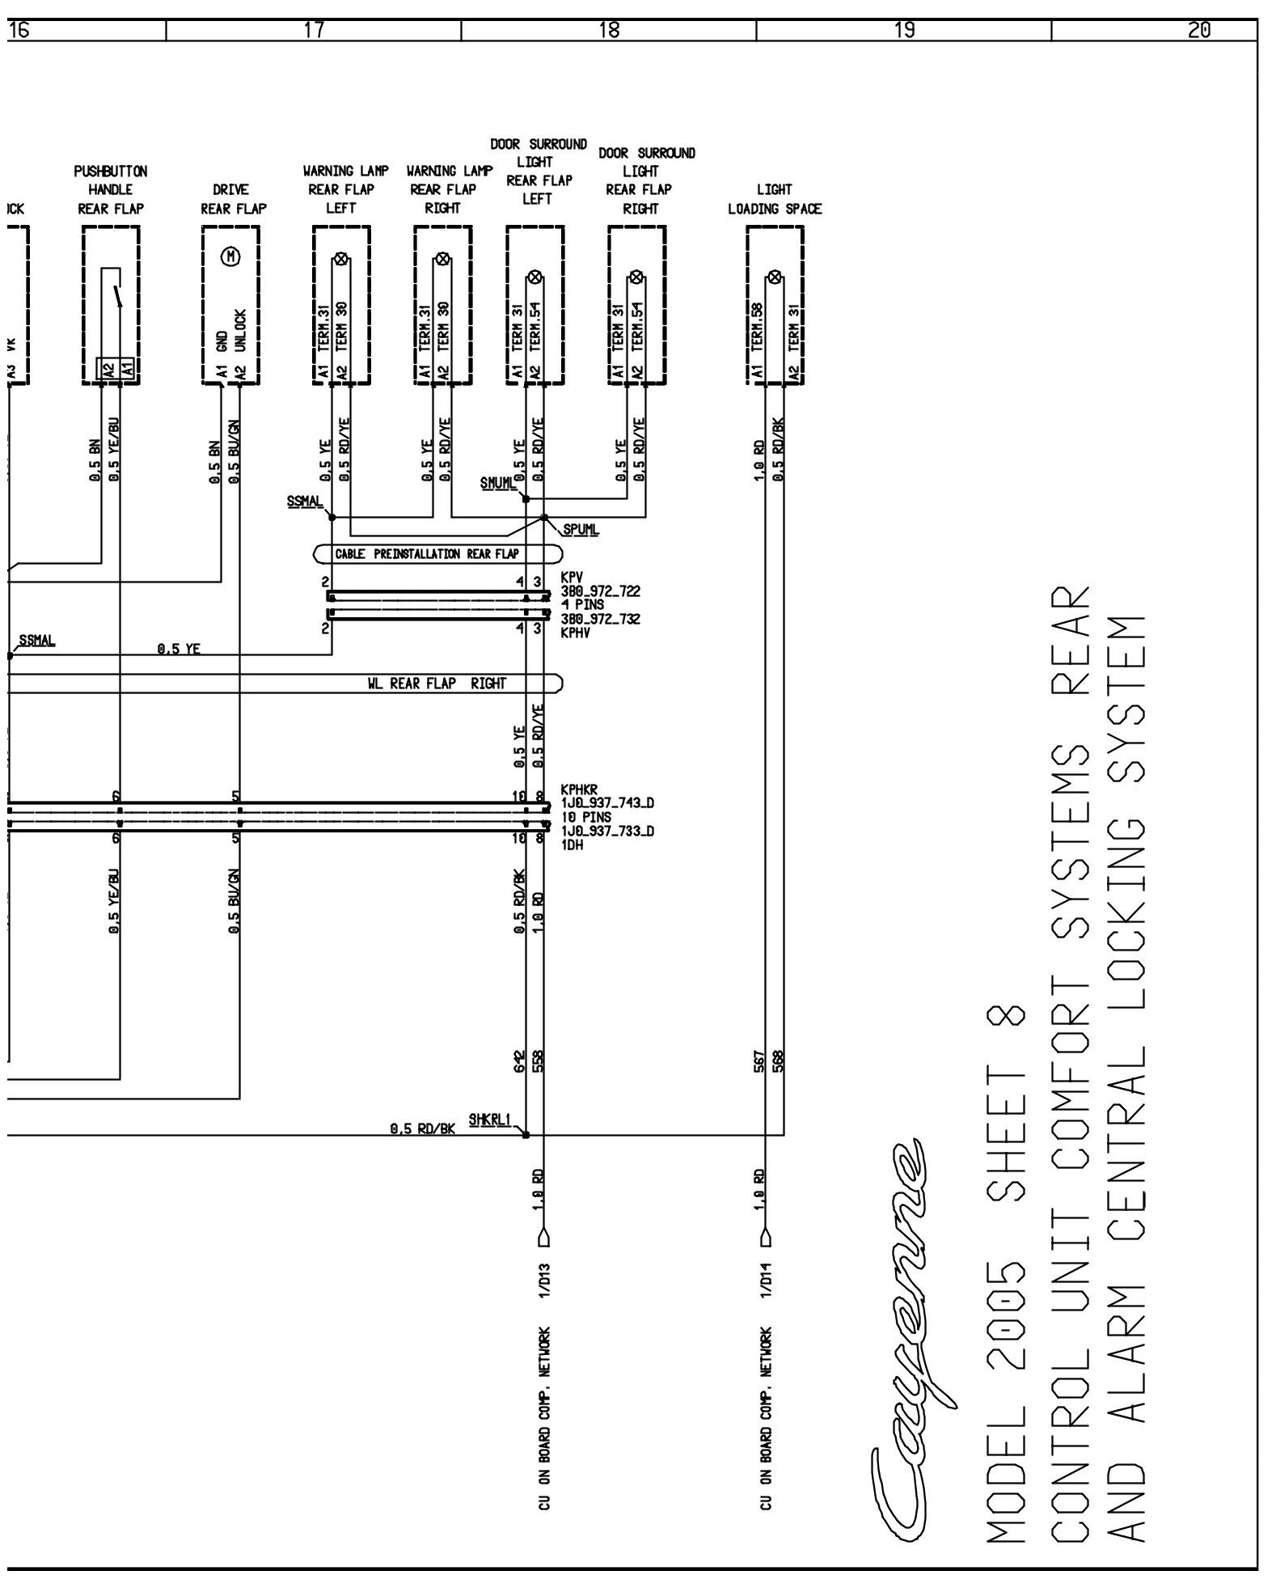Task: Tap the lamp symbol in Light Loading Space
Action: (x=775, y=277)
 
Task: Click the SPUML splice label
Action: (x=581, y=530)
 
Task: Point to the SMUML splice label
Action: (x=497, y=484)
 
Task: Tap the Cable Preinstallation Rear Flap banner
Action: (x=426, y=554)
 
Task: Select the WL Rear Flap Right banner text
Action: (x=436, y=684)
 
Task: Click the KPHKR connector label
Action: (x=577, y=790)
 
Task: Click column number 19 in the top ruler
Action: (x=905, y=31)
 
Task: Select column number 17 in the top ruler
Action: (x=314, y=31)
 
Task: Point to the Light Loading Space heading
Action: (x=775, y=199)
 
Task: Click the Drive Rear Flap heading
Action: (x=234, y=199)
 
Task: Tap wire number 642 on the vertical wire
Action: (x=519, y=1060)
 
